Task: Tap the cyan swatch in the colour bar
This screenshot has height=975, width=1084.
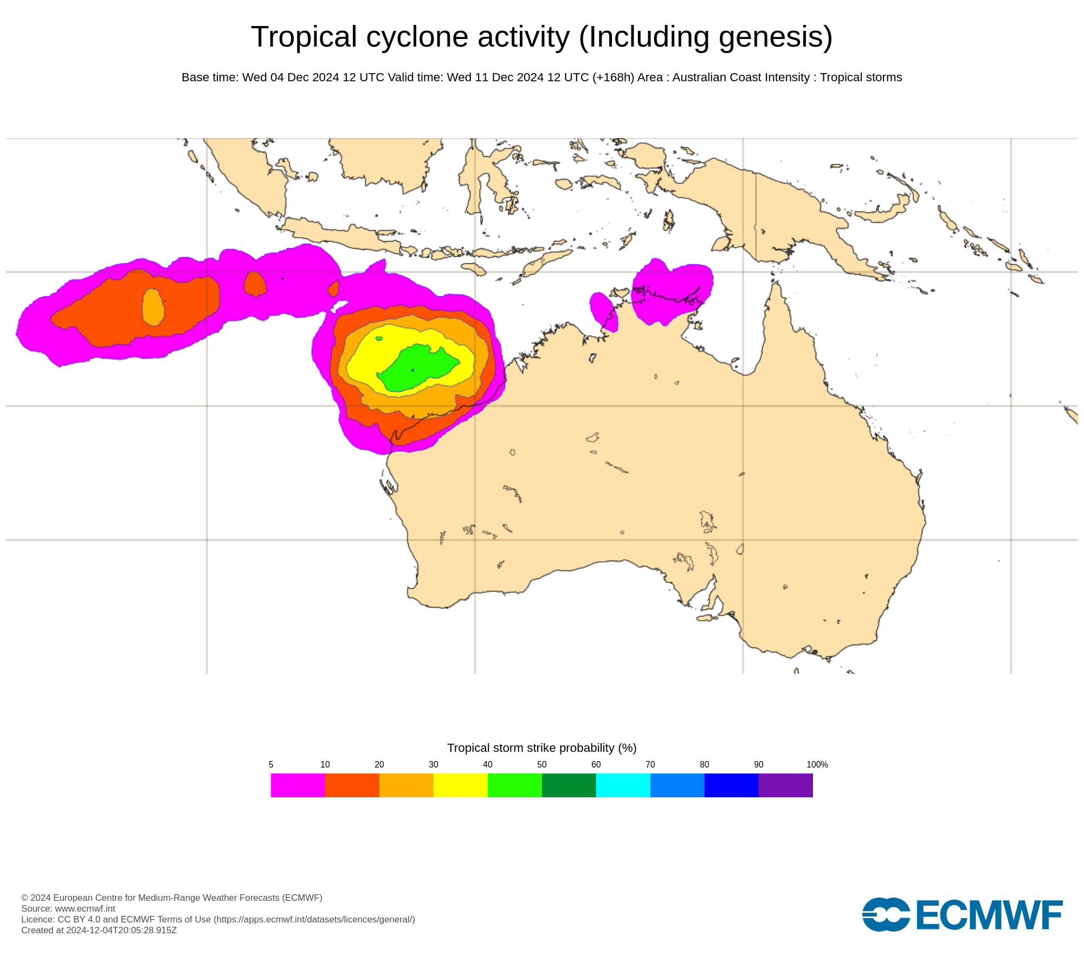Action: point(623,785)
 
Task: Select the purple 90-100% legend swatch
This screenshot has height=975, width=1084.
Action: point(785,785)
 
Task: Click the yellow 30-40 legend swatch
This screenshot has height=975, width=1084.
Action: point(460,785)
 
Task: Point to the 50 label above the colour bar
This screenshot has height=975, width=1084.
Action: point(541,764)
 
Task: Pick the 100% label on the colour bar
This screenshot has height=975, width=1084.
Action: point(817,764)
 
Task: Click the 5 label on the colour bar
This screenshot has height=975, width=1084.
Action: point(271,764)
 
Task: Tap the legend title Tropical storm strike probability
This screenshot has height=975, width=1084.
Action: point(541,747)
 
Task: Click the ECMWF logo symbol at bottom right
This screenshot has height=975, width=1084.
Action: point(886,914)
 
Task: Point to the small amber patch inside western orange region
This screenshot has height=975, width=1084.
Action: point(153,307)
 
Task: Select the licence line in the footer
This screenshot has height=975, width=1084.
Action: point(218,919)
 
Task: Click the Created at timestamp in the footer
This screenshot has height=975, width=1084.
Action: point(99,930)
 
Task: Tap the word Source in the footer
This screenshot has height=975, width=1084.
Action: point(36,908)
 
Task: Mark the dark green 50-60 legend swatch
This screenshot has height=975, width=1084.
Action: point(569,785)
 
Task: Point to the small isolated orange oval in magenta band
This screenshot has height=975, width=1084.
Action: point(255,284)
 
